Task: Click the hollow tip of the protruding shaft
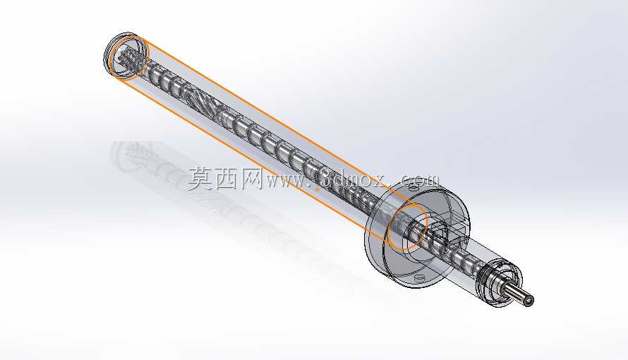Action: [x=531, y=300]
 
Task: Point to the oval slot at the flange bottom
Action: [x=420, y=277]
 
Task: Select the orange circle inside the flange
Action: [x=407, y=227]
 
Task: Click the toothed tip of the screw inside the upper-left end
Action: [x=129, y=59]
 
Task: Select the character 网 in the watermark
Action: [x=250, y=179]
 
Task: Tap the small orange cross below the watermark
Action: [x=318, y=189]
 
